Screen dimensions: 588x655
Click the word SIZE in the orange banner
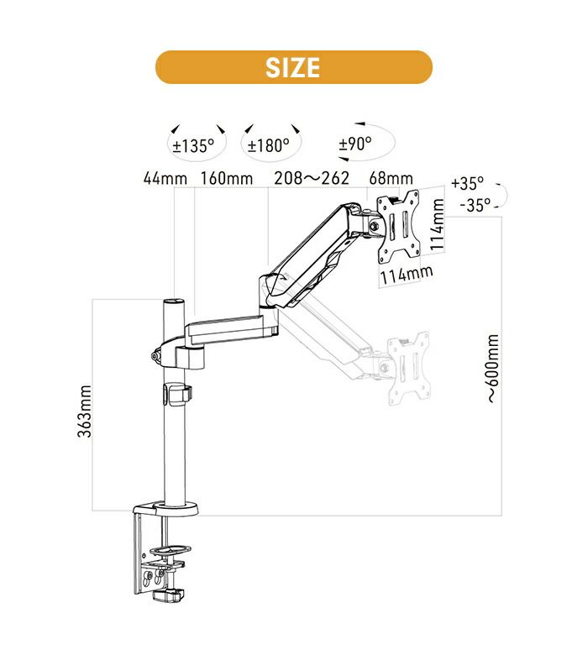pos(293,67)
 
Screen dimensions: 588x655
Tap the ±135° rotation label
pos(193,146)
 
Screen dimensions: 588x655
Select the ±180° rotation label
pos(268,146)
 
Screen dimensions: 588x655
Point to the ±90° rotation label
pos(354,144)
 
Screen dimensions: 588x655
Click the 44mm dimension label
pos(165,178)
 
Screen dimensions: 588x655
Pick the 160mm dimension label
pos(227,178)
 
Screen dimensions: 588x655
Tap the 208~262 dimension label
pos(312,178)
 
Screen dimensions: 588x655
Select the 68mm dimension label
pos(391,178)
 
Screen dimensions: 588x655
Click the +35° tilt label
pos(468,183)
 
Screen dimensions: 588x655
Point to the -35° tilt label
pos(475,205)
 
